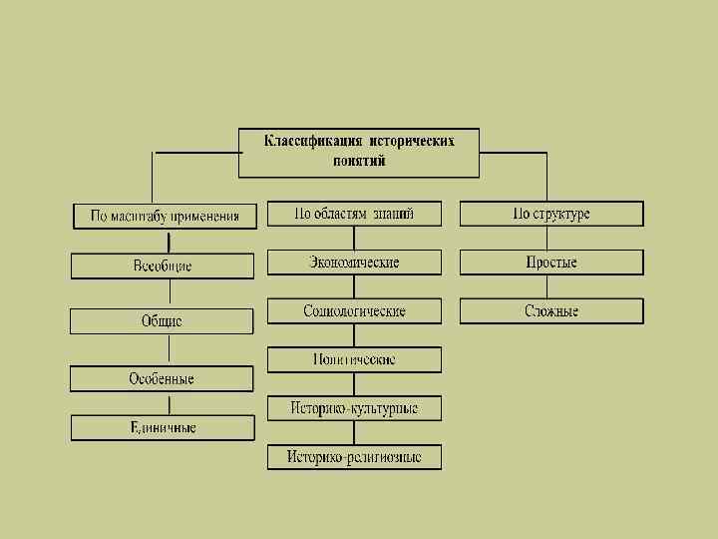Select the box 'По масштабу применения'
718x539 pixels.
[x=166, y=216]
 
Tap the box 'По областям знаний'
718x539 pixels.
[x=354, y=214]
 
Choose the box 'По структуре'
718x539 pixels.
[x=551, y=214]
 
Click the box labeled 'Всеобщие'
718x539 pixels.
[x=163, y=267]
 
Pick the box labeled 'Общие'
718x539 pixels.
[x=162, y=321]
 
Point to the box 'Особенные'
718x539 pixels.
[x=162, y=379]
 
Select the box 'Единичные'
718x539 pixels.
[x=163, y=427]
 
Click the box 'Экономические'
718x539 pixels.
[x=354, y=263]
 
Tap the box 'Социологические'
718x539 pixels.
[x=354, y=311]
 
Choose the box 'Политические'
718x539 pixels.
[x=354, y=359]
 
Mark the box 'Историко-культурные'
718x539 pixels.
[x=354, y=408]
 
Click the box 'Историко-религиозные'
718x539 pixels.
[x=354, y=457]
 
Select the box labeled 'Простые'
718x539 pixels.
[x=551, y=263]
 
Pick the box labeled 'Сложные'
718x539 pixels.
[x=551, y=311]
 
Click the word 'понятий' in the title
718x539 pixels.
[x=360, y=161]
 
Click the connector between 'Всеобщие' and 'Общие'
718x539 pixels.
[x=170, y=293]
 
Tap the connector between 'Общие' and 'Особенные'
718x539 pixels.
[x=170, y=350]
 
